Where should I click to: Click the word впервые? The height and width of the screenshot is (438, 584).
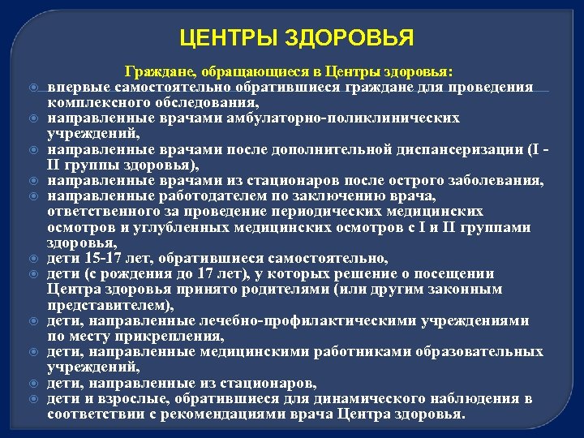pos(75,88)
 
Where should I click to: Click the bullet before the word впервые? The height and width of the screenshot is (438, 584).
pos(34,88)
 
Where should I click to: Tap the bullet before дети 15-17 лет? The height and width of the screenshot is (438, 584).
pos(34,259)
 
